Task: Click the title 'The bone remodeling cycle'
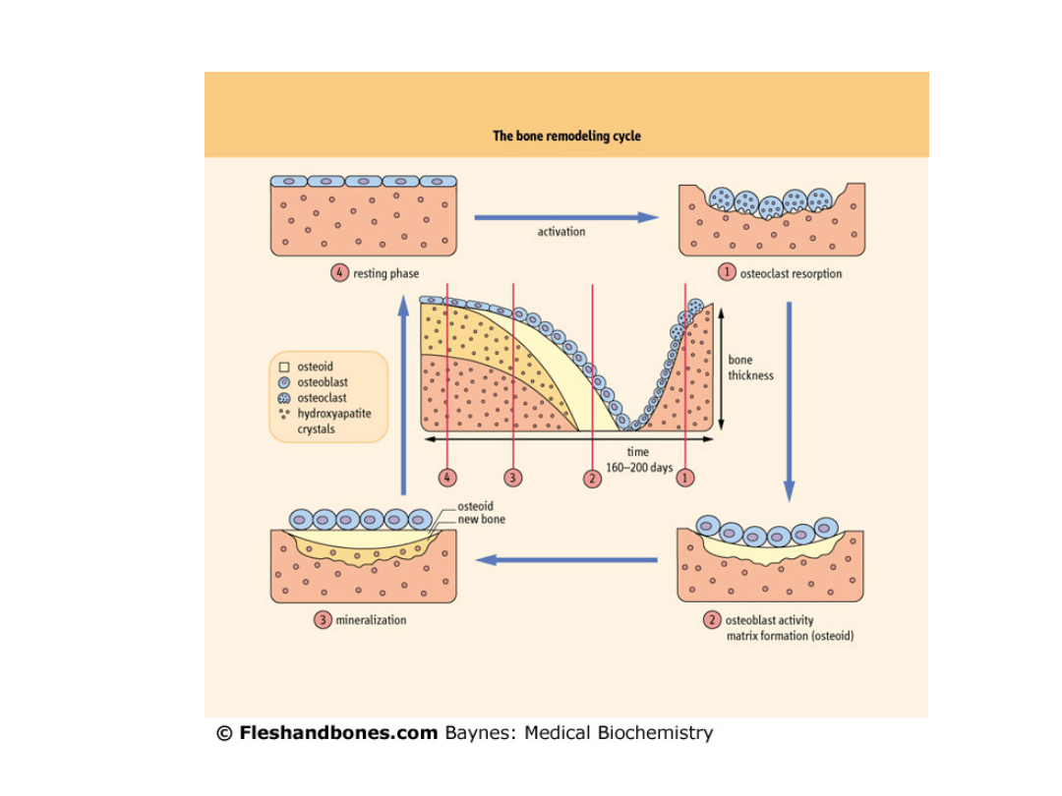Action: point(566,136)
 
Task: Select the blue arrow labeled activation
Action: point(565,217)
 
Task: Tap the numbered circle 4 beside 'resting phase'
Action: point(339,273)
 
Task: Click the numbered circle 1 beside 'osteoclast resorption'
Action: point(727,272)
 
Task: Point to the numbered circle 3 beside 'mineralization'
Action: point(323,620)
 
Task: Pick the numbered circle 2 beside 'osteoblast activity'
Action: point(712,620)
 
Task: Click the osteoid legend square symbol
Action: point(284,367)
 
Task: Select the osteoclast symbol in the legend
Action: point(284,398)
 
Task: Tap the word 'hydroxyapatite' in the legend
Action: point(333,414)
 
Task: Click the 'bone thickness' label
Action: point(750,368)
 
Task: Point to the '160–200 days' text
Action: point(639,468)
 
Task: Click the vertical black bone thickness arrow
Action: point(722,368)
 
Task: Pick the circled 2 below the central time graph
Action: point(592,478)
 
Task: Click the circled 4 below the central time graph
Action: point(447,478)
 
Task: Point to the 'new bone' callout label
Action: point(481,519)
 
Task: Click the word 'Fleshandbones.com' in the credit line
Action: point(338,733)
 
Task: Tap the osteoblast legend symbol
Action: point(284,382)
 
